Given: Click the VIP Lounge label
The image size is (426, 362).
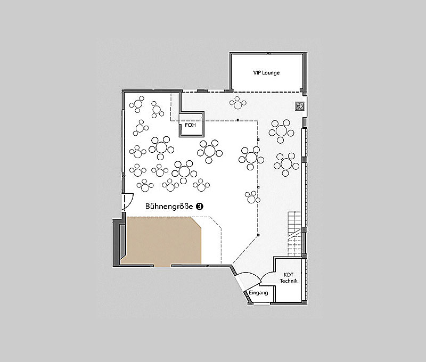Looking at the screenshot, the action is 266,73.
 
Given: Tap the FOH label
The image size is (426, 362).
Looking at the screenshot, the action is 190,125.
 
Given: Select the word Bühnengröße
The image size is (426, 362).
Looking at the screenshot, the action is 169,207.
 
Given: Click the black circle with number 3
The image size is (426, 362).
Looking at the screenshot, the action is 200,207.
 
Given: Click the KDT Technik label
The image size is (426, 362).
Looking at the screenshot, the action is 289,278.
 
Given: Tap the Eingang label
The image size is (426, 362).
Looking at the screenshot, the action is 258,293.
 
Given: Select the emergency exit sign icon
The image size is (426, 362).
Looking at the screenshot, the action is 300,106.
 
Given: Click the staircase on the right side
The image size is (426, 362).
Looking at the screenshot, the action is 295,234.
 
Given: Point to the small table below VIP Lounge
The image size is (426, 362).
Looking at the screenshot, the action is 238,103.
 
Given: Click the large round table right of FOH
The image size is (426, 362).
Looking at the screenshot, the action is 210,151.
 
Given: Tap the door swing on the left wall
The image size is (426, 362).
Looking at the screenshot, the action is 128,201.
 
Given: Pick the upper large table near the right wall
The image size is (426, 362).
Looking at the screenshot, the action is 282,131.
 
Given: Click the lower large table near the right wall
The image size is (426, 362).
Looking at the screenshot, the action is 286,164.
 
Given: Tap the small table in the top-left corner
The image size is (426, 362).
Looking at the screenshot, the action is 137,104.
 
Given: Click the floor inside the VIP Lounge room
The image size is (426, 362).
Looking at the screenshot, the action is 266,81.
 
